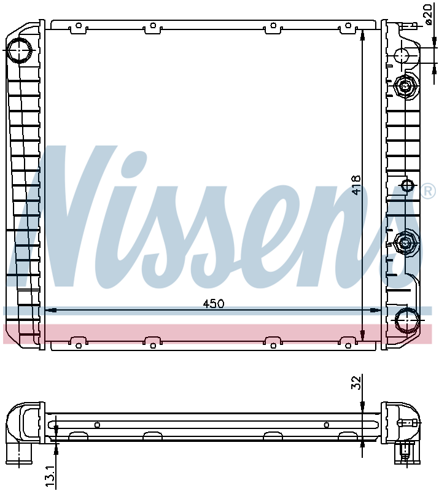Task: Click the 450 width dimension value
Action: coord(214,303)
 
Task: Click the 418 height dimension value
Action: coord(356,185)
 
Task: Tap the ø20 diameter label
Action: coord(429,14)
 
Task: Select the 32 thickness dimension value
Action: coord(356,382)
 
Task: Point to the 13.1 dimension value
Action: coord(50,476)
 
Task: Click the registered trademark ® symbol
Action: coord(429,191)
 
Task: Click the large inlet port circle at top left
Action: coord(20,50)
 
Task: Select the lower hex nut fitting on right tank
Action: coord(406,242)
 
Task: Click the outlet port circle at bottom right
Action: coord(406,320)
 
